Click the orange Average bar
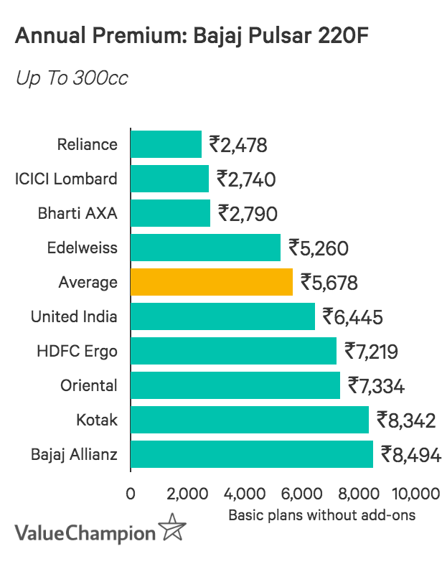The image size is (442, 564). point(212,282)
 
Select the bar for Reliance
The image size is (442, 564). point(166,144)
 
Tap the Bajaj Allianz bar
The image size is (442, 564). point(252,454)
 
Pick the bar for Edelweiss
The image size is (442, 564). point(205,248)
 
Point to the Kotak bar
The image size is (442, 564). point(250,420)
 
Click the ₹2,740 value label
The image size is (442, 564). point(246,179)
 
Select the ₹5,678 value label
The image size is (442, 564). point(329,283)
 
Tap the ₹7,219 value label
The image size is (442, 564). point(372,352)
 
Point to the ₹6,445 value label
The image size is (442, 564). point(352,317)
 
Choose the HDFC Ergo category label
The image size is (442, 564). point(77,352)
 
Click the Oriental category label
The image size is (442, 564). point(88,386)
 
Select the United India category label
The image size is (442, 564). point(74,317)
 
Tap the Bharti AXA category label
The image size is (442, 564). point(77,214)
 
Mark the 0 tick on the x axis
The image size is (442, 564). point(131,494)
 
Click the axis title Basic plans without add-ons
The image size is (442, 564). point(321,515)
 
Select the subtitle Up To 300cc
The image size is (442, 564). point(72,77)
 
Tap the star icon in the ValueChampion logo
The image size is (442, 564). point(172,530)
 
